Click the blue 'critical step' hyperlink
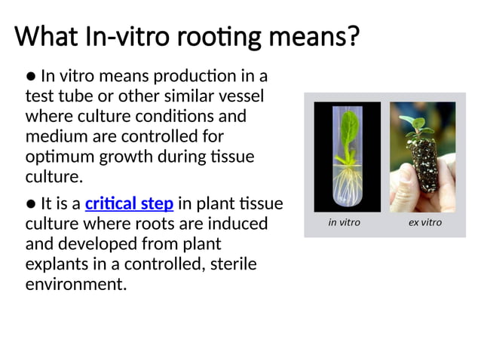(130, 204)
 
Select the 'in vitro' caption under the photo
(345, 223)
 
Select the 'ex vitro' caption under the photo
(424, 223)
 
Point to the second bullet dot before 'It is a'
(31, 204)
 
